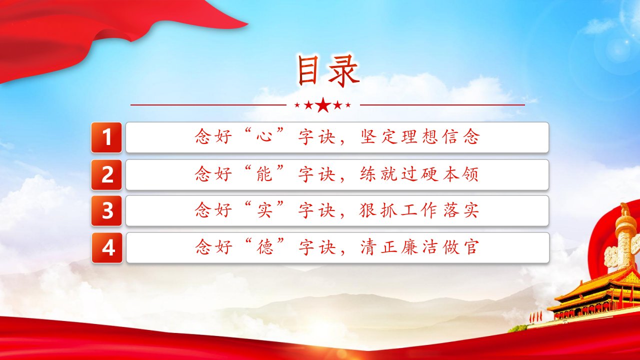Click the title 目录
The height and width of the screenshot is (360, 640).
click(x=328, y=71)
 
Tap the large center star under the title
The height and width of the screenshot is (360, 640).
click(x=323, y=105)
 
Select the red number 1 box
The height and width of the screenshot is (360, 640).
click(x=106, y=137)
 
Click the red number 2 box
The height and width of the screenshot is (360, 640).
click(x=106, y=175)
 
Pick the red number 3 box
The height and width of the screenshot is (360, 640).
click(x=106, y=211)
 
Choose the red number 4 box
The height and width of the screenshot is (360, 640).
click(x=107, y=247)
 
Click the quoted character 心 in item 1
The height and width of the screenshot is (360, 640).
click(x=264, y=136)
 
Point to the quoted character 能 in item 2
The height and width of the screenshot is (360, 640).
click(x=264, y=173)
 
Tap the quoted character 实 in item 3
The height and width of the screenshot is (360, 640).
click(x=264, y=210)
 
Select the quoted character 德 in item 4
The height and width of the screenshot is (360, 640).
click(x=264, y=247)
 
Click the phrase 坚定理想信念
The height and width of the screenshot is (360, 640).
click(x=419, y=136)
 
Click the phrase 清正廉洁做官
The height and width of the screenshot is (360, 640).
click(x=419, y=247)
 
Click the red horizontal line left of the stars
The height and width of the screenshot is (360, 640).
click(x=208, y=105)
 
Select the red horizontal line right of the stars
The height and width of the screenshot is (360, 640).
click(x=442, y=105)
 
